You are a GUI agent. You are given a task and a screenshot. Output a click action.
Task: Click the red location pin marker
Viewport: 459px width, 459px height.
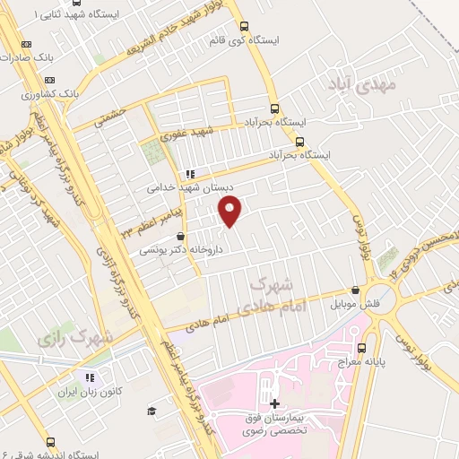(231, 212)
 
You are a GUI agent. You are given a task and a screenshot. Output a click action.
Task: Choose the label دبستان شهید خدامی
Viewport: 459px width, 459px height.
(191, 189)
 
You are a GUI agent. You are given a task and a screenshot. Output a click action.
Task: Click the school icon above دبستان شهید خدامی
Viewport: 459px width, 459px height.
(190, 174)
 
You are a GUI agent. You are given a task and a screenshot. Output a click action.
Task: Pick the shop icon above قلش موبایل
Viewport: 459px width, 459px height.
(357, 290)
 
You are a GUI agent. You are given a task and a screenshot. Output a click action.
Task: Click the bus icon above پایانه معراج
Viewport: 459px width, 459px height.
(361, 348)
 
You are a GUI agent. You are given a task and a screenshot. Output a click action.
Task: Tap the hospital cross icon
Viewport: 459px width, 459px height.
(273, 404)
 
